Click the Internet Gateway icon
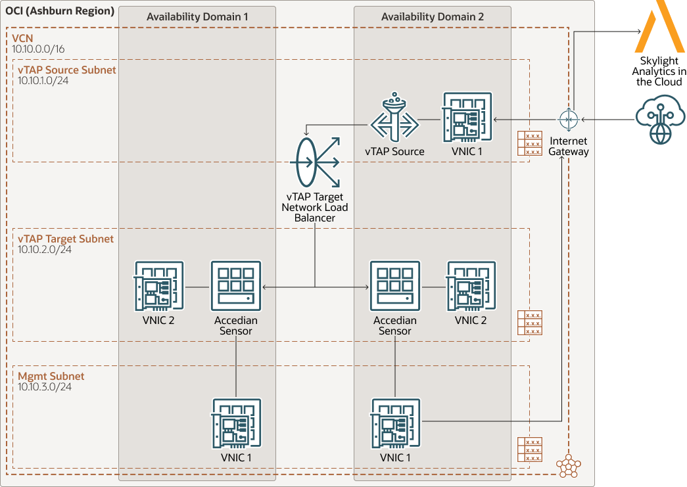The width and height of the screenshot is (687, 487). tap(567, 120)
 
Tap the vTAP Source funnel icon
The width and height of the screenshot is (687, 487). tap(394, 120)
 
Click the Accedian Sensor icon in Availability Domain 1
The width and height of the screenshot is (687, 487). tap(236, 286)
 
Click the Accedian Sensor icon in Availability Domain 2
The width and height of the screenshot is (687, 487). tap(395, 286)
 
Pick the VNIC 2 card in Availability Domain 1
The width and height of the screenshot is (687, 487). tap(159, 286)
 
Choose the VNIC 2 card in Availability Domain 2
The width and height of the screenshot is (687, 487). tap(471, 286)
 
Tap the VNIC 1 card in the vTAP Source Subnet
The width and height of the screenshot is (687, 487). tap(467, 117)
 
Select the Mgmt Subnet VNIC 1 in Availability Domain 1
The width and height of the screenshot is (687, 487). tap(236, 423)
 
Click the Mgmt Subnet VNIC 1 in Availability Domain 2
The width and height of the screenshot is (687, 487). tap(395, 423)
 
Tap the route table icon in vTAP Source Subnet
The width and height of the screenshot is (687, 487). tap(529, 143)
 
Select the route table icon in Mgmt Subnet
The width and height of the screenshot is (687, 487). tap(529, 450)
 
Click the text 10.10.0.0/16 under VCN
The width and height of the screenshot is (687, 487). tap(38, 49)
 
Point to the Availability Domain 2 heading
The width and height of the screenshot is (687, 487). tap(432, 17)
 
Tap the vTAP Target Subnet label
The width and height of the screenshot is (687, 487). tap(66, 239)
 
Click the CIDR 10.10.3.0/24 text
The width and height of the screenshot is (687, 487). tap(45, 387)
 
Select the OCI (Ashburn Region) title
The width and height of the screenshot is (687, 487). tap(60, 11)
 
